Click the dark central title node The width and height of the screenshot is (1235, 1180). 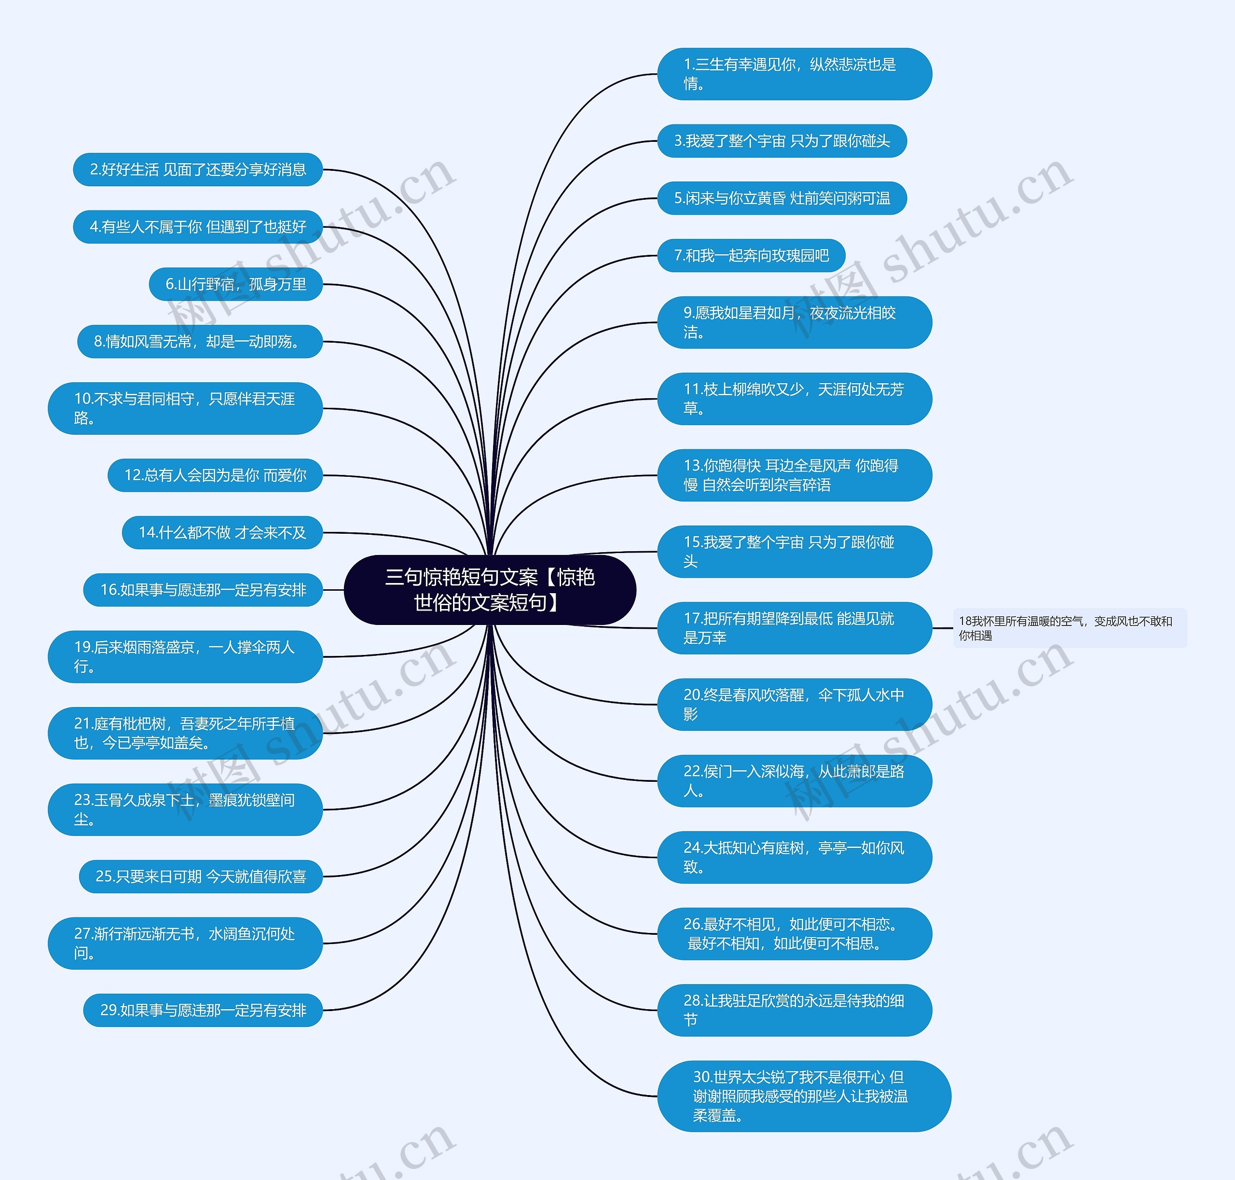[490, 589]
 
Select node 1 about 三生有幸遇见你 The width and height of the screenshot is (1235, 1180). [794, 73]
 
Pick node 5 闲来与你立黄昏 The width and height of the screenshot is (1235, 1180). [782, 198]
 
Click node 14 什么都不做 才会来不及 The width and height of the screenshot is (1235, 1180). [222, 533]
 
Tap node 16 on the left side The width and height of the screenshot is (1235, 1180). [203, 590]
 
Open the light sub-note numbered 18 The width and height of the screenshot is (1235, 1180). [1069, 628]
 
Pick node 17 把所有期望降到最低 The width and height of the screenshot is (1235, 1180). [794, 628]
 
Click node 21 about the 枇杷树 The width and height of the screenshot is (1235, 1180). [185, 733]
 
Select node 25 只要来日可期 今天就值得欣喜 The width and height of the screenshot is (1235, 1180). [201, 876]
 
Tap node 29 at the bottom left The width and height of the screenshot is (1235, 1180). [203, 1010]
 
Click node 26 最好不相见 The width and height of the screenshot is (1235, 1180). [794, 933]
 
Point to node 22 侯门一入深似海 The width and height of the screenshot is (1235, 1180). [794, 780]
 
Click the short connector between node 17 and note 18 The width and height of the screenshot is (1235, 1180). [942, 628]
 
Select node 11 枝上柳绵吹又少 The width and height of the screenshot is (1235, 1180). [794, 399]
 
